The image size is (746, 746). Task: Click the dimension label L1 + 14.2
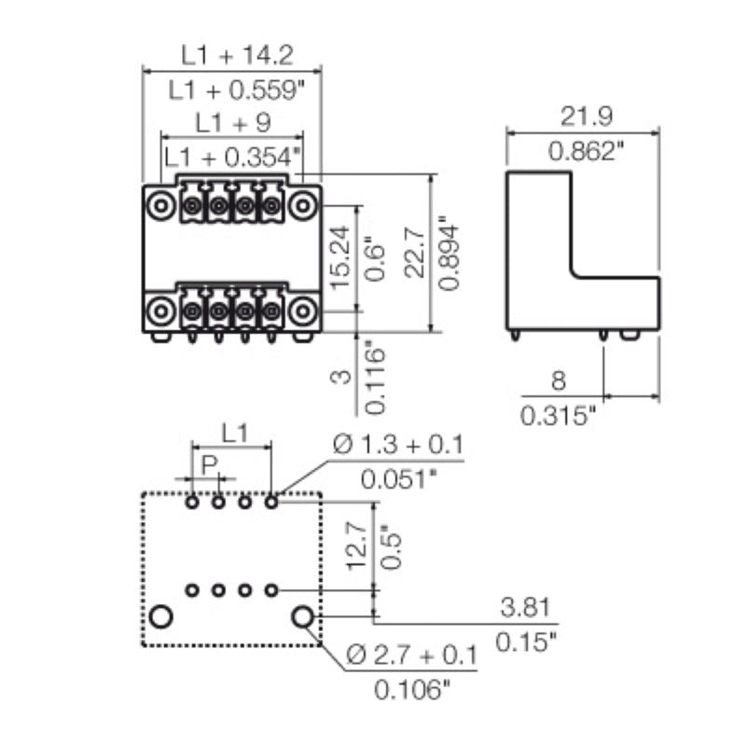point(237,55)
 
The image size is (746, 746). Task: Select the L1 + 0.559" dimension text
point(237,90)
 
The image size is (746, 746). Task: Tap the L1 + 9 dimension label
point(232,122)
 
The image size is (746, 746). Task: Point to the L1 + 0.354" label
point(232,157)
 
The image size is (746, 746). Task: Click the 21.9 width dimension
point(585,117)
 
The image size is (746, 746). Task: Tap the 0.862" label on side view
point(585,151)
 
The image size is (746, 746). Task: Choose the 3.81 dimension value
point(523,609)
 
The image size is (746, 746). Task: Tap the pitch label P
point(208,463)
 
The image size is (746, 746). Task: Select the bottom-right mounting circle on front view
point(300,310)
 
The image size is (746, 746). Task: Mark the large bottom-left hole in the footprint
point(161,616)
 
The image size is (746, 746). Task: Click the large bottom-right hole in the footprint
point(302,616)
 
